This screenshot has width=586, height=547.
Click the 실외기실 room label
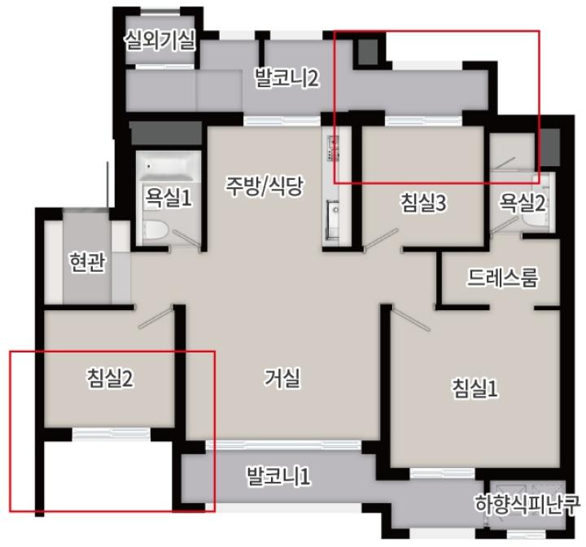click(160, 40)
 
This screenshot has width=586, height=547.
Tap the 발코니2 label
click(287, 78)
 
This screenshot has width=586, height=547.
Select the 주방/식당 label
click(265, 186)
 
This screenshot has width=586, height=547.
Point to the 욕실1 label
click(168, 197)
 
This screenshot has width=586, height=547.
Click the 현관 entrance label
click(87, 261)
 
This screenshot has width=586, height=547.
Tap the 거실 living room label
click(282, 378)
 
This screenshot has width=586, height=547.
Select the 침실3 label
click(423, 203)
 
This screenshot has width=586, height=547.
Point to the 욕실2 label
click(522, 203)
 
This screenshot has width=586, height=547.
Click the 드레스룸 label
click(502, 277)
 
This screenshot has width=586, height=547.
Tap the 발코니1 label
click(278, 476)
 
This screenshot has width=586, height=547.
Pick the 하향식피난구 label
click(527, 504)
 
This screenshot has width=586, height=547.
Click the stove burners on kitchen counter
click(333, 149)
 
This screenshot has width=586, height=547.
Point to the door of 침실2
click(155, 317)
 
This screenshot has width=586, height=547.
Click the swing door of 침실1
click(411, 318)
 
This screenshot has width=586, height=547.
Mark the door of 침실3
click(381, 238)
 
